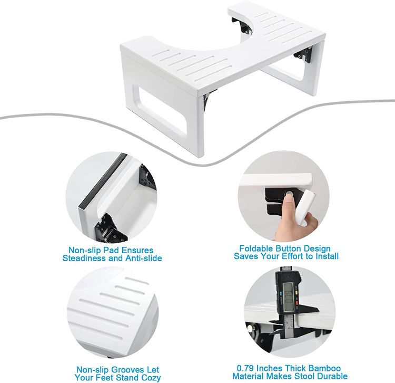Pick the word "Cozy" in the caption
pos(151,378)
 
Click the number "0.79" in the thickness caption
pos(245,368)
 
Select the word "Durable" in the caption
pos(332,376)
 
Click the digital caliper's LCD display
pos(288,296)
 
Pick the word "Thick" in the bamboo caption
pos(295,368)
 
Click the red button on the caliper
pos(297,302)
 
